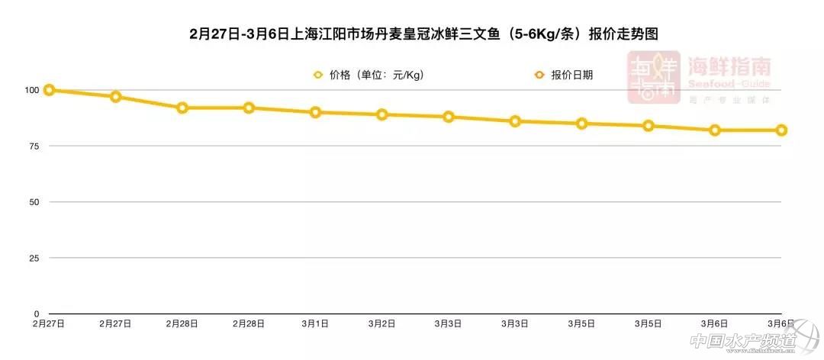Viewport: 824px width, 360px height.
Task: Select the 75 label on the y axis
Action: pyautogui.click(x=32, y=146)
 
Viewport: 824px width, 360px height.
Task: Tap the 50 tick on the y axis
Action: pyautogui.click(x=32, y=202)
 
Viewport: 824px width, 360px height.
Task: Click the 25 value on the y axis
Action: pyautogui.click(x=32, y=258)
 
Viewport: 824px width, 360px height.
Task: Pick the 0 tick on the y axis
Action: pyautogui.click(x=35, y=313)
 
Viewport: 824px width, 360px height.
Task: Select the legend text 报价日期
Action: pyautogui.click(x=571, y=75)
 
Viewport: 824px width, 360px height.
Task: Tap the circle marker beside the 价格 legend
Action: pyautogui.click(x=318, y=75)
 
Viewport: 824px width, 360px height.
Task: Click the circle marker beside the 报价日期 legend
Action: pyautogui.click(x=539, y=75)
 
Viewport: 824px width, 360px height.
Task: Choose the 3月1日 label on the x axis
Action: pyautogui.click(x=315, y=324)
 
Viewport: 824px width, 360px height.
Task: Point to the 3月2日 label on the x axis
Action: pyautogui.click(x=381, y=324)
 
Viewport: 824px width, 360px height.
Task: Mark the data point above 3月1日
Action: pyautogui.click(x=315, y=112)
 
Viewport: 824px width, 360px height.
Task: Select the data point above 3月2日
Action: pyautogui.click(x=381, y=114)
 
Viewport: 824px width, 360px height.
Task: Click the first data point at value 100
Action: pyautogui.click(x=49, y=90)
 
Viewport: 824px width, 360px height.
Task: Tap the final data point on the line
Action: pyautogui.click(x=781, y=130)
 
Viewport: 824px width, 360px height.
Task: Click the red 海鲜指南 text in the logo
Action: pyautogui.click(x=729, y=66)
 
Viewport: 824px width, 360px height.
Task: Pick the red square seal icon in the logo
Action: pyautogui.click(x=653, y=78)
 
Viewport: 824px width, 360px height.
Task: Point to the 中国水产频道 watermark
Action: pyautogui.click(x=752, y=342)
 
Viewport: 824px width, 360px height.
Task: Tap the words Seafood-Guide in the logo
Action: pyautogui.click(x=729, y=84)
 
